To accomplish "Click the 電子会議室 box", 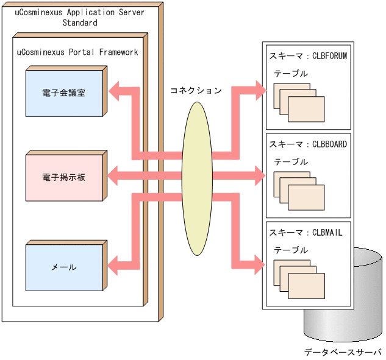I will tap(64, 93).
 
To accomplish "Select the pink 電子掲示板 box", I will tap(64, 177).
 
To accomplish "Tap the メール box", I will tap(64, 267).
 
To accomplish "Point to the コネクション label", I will tap(196, 90).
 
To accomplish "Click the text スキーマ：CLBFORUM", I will tap(308, 56).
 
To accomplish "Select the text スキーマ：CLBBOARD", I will tap(308, 145).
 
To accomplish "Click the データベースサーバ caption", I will tap(343, 351).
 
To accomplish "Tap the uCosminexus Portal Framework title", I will tap(77, 52).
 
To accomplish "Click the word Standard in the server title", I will tap(80, 23).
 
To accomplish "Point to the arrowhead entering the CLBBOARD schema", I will tap(259, 177).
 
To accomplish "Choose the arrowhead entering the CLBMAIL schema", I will tap(259, 264).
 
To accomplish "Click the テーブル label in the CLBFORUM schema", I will tap(291, 74).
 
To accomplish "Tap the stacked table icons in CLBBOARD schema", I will tap(299, 190).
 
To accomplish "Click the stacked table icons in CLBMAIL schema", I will tap(299, 278).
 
